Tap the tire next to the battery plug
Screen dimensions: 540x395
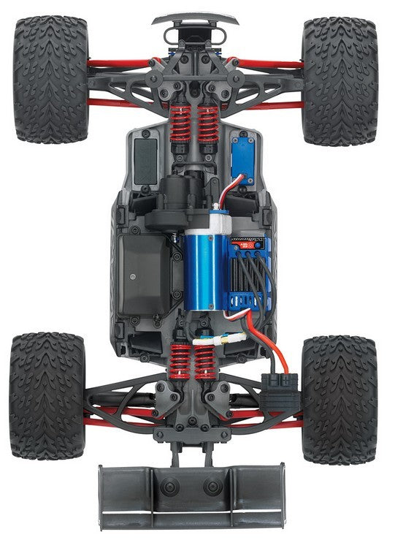(340, 398)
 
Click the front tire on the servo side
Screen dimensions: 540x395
(340, 80)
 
